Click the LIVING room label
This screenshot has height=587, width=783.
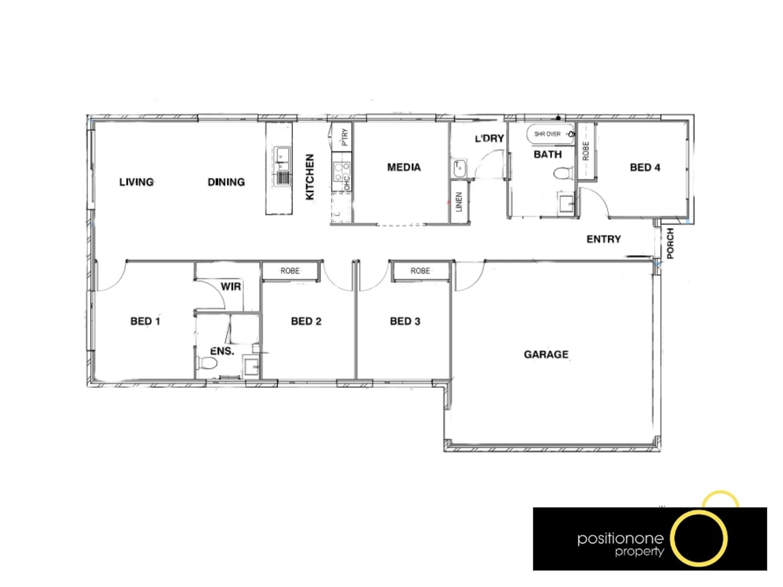pos(136,182)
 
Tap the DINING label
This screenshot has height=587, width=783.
pos(226,182)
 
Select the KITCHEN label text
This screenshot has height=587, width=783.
pos(310,177)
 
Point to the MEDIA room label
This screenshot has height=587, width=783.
pos(404,167)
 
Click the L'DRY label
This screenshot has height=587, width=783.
pos(489,139)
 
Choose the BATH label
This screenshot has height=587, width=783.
pos(548,154)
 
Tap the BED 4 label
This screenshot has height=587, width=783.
pos(645,167)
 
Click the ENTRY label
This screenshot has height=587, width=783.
pos(604,239)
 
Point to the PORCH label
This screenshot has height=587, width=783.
pos(670,243)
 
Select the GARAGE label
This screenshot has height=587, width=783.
pos(546,354)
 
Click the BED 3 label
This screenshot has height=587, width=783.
pos(405,321)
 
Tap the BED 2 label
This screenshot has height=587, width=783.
pos(306,321)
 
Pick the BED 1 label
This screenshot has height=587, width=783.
pos(145,321)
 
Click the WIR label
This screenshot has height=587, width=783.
pos(231,286)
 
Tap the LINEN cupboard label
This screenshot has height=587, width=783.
pos(459,202)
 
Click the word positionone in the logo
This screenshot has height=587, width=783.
pos(620,539)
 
